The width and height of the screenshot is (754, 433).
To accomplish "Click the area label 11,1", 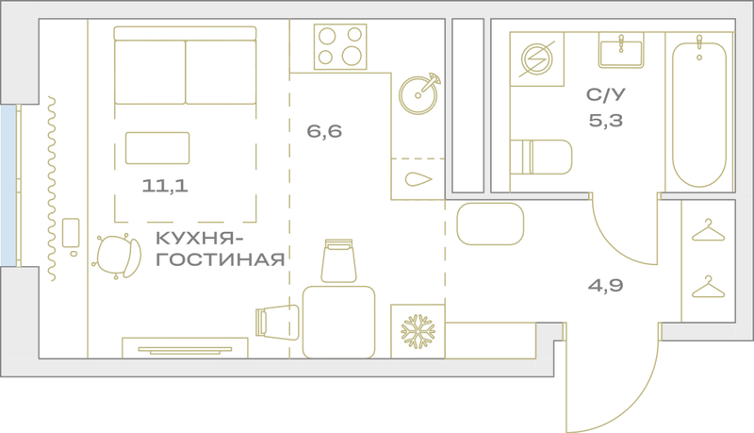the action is (x=165, y=185).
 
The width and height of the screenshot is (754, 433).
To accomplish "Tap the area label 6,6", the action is (x=324, y=131).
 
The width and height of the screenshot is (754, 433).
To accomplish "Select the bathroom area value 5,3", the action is (x=606, y=121).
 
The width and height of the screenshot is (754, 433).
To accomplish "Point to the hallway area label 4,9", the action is (x=605, y=285).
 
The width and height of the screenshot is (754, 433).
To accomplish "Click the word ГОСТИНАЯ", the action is (x=221, y=259).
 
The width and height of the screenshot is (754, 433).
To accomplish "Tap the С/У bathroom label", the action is (x=606, y=94).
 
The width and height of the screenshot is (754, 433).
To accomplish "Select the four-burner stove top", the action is (x=340, y=46).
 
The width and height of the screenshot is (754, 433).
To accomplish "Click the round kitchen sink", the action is (x=418, y=93).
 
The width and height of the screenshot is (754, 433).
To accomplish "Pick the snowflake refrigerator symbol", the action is (x=418, y=331).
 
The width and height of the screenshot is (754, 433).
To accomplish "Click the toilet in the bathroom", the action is (x=541, y=157).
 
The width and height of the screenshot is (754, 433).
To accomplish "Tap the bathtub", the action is (x=699, y=113).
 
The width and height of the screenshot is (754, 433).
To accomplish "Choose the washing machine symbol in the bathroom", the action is (x=537, y=59).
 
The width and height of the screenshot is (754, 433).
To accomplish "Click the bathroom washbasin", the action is (x=621, y=51).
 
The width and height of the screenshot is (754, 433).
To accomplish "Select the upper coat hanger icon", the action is (x=708, y=230).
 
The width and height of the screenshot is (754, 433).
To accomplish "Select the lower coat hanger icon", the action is (x=708, y=287).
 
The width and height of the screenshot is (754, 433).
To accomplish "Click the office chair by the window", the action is (x=118, y=257).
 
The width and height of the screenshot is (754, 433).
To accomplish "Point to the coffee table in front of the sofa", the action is (x=157, y=148).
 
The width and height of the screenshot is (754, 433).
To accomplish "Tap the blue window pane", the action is (x=8, y=185).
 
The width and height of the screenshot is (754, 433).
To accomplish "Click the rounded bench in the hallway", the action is (x=490, y=224).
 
